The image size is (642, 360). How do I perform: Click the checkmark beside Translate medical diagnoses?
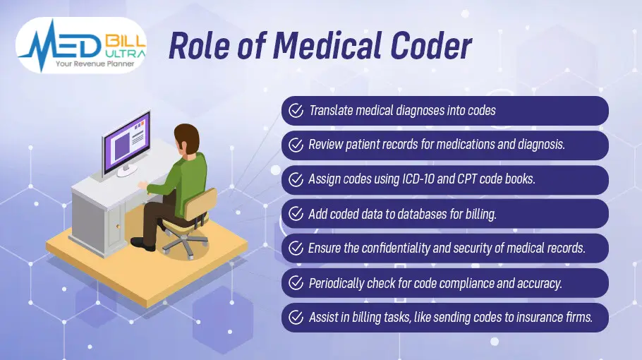pos(293,111)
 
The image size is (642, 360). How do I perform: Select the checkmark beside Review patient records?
pos(293,145)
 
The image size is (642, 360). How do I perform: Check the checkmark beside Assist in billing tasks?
pos(293,318)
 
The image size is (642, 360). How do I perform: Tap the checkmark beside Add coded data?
pos(293,214)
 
